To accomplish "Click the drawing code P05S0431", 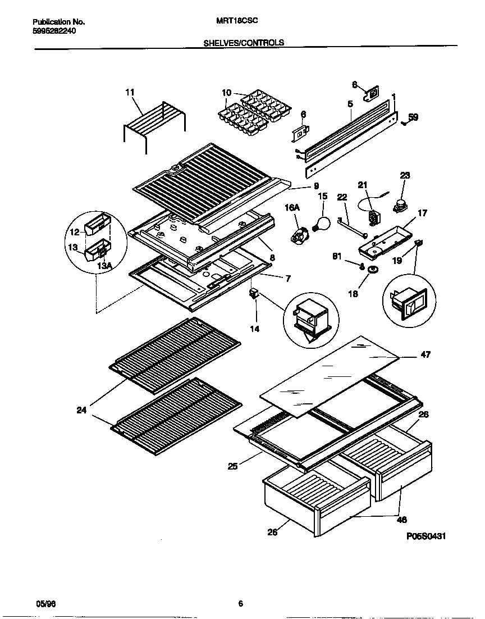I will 426,536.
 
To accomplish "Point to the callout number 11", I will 130,92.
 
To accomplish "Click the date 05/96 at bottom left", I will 45,603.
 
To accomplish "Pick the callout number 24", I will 81,410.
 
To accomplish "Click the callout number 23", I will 405,175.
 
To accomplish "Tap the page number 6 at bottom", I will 240,604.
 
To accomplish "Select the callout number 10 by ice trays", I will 226,92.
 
